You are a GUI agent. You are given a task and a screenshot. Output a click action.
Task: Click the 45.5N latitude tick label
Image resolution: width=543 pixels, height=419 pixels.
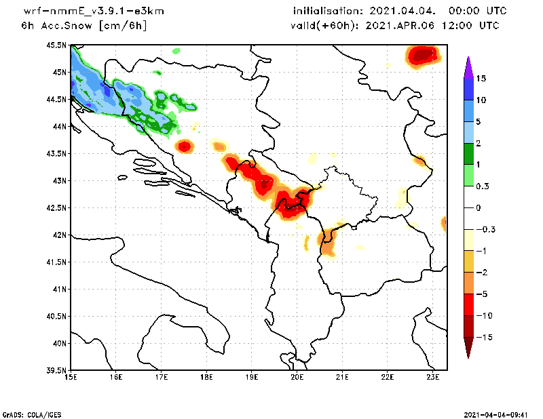point(56,45)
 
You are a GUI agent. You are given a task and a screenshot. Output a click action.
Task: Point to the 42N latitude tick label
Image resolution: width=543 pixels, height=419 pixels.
point(58,235)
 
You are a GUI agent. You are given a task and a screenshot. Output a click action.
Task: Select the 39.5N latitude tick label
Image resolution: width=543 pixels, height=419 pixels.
point(56,370)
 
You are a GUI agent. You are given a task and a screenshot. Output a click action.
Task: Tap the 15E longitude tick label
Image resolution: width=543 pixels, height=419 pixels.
point(70,378)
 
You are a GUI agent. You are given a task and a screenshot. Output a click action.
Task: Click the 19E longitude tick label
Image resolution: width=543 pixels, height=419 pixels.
point(251,378)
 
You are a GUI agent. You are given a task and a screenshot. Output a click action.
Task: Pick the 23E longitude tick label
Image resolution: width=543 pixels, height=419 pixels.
point(432,378)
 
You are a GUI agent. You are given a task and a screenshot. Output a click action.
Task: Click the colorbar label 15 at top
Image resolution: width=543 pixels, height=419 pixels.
point(481,79)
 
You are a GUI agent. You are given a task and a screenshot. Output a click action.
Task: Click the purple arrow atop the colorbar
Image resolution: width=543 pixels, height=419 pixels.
point(468,67)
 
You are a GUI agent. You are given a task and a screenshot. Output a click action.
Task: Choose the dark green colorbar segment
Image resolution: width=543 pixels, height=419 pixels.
point(468,154)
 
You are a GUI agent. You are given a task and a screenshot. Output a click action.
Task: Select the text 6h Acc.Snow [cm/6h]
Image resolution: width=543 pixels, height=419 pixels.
point(84,26)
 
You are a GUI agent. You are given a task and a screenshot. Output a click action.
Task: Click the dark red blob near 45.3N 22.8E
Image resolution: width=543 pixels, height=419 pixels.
point(423,54)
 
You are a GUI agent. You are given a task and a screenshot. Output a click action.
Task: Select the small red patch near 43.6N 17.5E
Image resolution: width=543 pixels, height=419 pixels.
point(185,146)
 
